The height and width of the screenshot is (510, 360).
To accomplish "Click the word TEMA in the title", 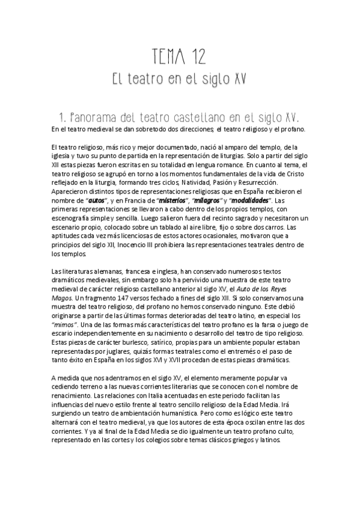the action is [165, 57].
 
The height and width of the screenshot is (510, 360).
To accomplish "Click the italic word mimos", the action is [64, 325].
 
